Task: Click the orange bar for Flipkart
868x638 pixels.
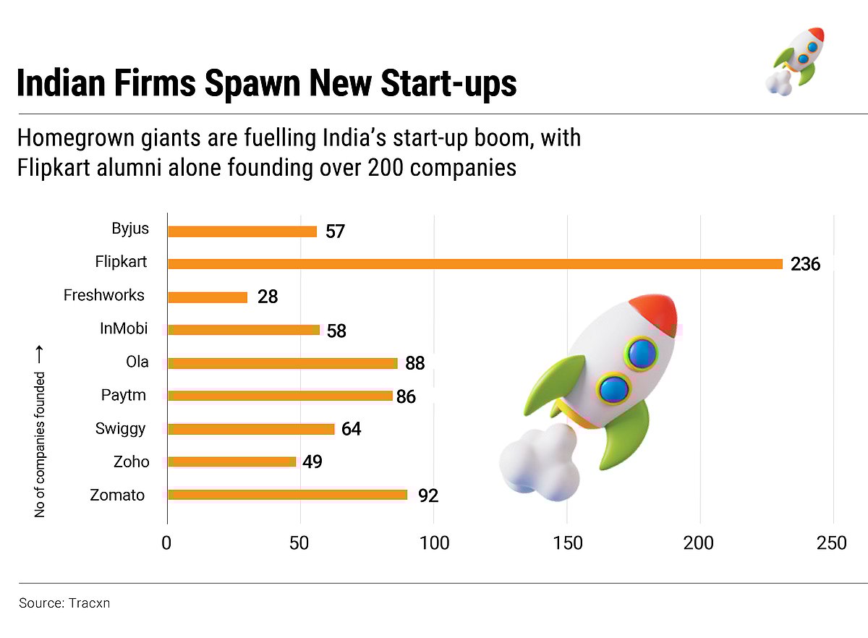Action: point(475,264)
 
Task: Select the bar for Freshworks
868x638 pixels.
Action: point(208,297)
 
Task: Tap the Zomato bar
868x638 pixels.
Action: point(287,495)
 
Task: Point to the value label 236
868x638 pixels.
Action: point(805,265)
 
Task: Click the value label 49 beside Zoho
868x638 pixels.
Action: point(312,462)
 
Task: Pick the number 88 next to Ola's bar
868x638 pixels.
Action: point(414,363)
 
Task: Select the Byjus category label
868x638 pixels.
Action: point(130,229)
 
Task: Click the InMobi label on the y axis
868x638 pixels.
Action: point(124,328)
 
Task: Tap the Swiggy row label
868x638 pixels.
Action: point(120,428)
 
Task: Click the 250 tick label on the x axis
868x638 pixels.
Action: point(833,544)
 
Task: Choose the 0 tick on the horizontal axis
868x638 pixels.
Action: point(167,544)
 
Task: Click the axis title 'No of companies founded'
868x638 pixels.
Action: point(41,443)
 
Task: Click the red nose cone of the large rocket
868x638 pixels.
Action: point(655,313)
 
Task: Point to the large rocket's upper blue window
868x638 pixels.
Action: point(642,353)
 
